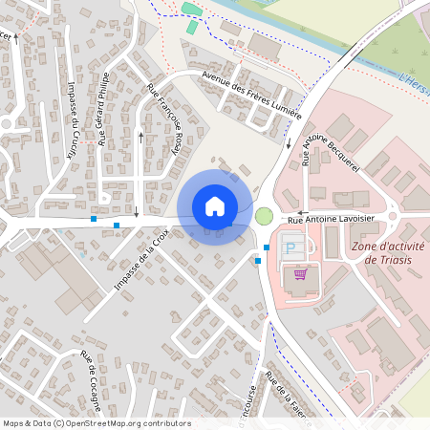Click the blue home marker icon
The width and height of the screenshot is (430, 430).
[x=214, y=205]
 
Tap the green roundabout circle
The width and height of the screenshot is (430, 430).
[x=265, y=217]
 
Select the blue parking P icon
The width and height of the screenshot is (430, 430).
[x=290, y=248]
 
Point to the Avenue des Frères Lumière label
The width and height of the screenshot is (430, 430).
[x=251, y=96]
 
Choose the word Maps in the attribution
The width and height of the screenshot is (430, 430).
[x=12, y=423]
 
